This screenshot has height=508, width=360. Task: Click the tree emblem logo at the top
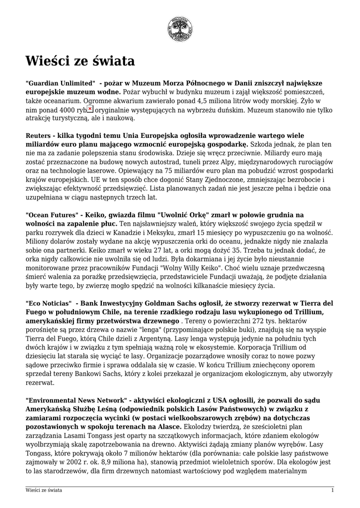[x=180, y=28]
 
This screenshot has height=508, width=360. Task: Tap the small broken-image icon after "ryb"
[x=90, y=109]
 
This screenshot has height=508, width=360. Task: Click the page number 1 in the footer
[x=332, y=491]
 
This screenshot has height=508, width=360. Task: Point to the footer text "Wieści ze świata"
[x=44, y=491]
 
